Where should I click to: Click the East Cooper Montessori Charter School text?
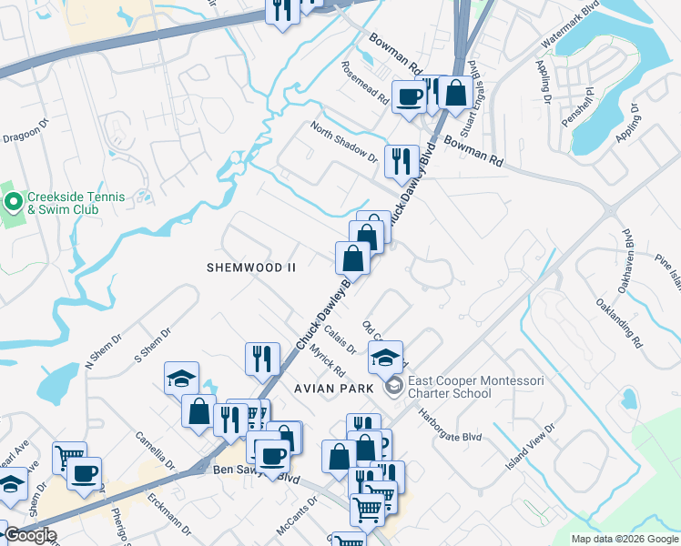click(449, 387)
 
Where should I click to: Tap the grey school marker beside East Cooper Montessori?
click(393, 387)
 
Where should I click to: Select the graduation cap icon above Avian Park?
click(386, 357)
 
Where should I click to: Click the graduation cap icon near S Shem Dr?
click(182, 378)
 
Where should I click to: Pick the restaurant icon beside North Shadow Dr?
click(401, 160)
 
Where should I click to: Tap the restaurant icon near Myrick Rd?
click(262, 358)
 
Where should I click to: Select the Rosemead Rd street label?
click(363, 83)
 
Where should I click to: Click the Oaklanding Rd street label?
click(620, 323)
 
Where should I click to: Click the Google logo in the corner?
click(30, 535)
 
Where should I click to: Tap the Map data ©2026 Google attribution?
click(624, 539)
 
